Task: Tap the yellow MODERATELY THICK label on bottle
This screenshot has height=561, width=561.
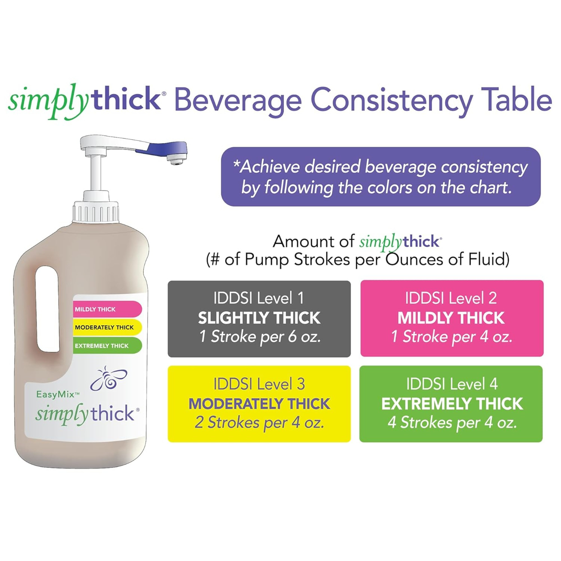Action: click(106, 327)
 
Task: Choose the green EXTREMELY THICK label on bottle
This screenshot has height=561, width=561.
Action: click(106, 346)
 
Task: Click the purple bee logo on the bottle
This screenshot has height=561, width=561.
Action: click(109, 379)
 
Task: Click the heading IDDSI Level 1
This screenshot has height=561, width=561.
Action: click(259, 298)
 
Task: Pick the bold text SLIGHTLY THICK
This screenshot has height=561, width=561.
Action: click(259, 318)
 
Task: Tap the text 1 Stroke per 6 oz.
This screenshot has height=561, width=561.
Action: click(260, 337)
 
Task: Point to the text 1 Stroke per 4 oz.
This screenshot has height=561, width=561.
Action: click(452, 337)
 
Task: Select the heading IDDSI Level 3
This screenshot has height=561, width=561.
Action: click(259, 384)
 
